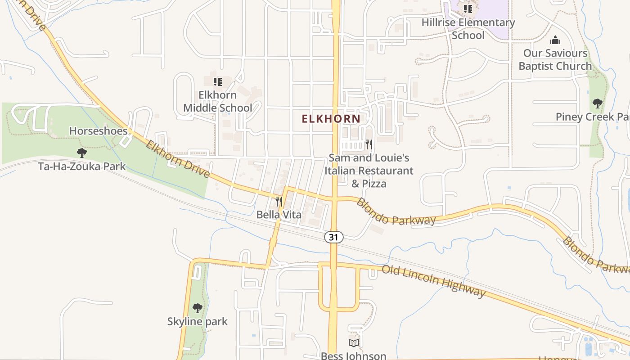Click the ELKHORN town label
(x=331, y=119)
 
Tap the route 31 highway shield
(x=333, y=237)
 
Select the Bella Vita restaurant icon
(x=279, y=201)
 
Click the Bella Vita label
(x=279, y=215)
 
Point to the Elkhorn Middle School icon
(x=218, y=82)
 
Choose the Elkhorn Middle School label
(x=218, y=102)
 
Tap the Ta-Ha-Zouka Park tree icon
(x=81, y=153)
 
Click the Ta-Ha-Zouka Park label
(x=81, y=166)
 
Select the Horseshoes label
(x=98, y=131)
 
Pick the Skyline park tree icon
(x=197, y=308)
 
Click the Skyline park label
(x=197, y=322)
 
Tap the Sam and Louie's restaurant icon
(x=369, y=144)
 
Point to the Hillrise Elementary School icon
(x=468, y=9)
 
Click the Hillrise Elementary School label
(x=468, y=29)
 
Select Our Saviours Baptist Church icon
(x=555, y=40)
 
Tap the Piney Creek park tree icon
(x=597, y=103)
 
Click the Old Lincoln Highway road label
(x=433, y=281)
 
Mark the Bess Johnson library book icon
(x=354, y=343)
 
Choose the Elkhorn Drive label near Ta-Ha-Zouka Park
(x=178, y=159)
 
